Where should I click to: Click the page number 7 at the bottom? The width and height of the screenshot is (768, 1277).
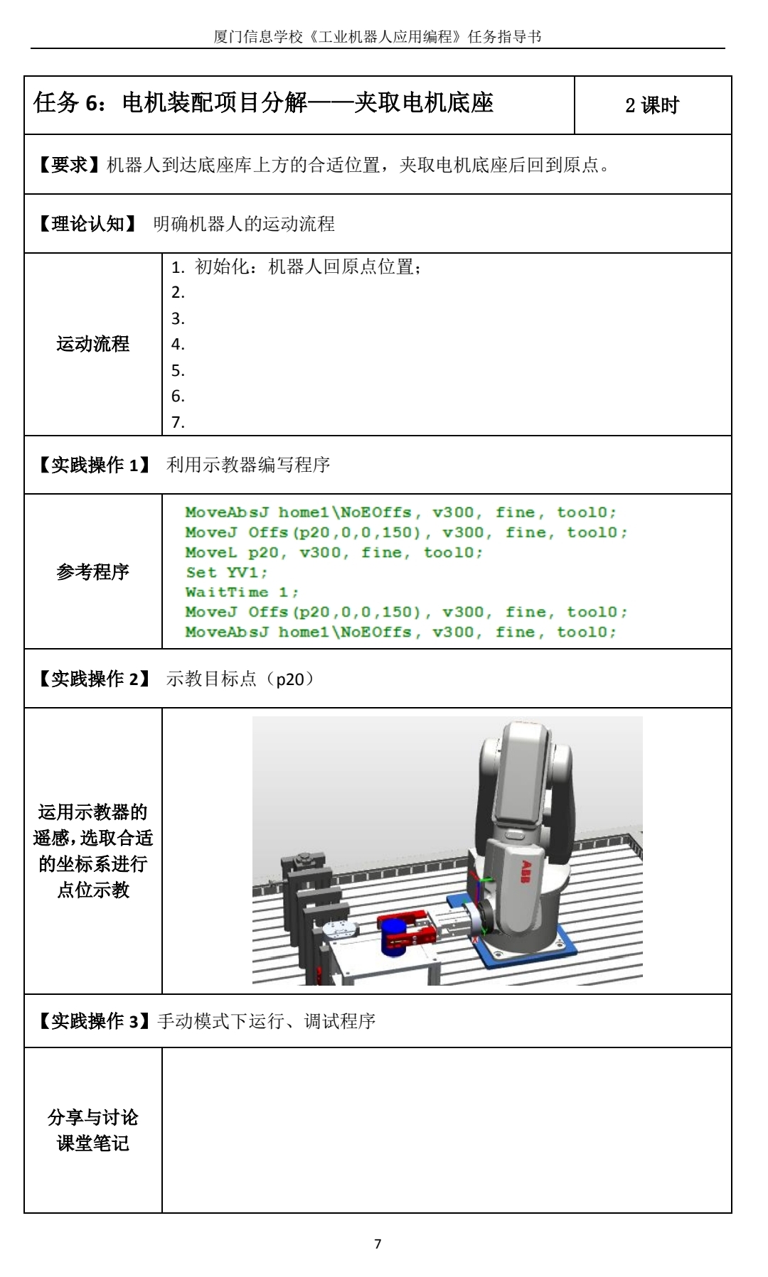(x=378, y=1244)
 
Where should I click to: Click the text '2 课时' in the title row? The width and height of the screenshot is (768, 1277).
(x=652, y=105)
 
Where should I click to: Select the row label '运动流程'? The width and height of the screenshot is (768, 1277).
(x=93, y=344)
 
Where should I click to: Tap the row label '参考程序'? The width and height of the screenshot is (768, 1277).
(x=93, y=571)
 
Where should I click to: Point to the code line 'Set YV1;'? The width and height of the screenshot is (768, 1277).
(x=227, y=572)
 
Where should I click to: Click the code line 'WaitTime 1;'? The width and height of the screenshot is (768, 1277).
(x=242, y=592)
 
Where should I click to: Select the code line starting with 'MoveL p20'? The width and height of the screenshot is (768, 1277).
(x=334, y=552)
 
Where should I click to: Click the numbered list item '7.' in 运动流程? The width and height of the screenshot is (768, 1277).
(x=178, y=422)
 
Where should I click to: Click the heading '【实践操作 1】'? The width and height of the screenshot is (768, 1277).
(x=94, y=465)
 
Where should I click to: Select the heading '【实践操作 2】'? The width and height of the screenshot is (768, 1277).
(x=94, y=679)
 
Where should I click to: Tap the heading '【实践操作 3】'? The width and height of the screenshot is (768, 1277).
(x=94, y=1021)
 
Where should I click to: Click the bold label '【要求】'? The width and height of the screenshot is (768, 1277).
(x=69, y=165)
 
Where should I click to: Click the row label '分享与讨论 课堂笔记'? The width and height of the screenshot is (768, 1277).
(x=93, y=1130)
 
